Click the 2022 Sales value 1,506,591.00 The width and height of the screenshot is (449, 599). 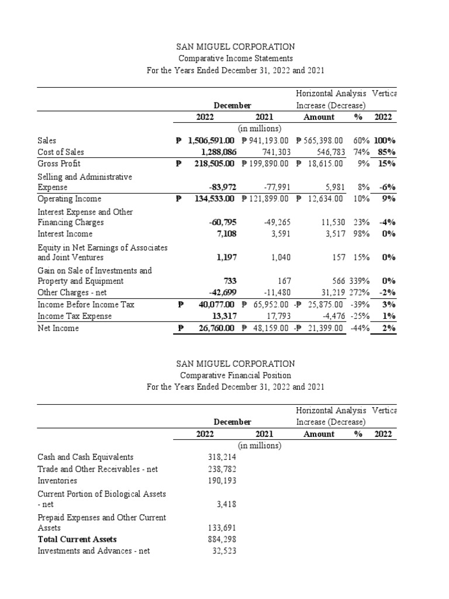click(211, 141)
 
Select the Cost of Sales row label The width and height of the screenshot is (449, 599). click(57, 152)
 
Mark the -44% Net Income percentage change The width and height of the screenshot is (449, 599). click(360, 328)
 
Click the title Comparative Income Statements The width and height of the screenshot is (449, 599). click(236, 58)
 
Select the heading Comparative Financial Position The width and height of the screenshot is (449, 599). click(236, 376)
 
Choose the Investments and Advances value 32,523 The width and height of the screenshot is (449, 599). click(223, 551)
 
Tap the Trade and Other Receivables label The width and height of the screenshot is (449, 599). click(98, 469)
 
